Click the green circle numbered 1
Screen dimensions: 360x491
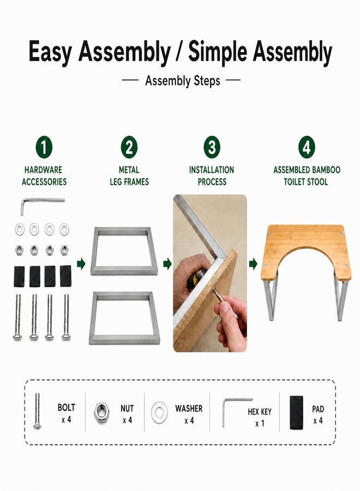point(44,147)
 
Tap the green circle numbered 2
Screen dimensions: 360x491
point(129,147)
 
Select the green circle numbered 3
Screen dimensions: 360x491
point(212,147)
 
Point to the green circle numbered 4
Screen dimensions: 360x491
point(307,147)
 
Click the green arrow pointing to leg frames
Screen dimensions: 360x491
point(81,264)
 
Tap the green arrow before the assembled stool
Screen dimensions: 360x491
point(253,264)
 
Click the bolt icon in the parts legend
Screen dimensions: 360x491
point(37,411)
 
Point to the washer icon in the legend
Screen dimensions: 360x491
point(159,412)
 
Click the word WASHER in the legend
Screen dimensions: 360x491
point(189,408)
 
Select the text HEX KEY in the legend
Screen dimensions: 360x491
point(260,411)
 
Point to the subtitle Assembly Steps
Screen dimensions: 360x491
point(183,81)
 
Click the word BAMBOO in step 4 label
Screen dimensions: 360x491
point(325,170)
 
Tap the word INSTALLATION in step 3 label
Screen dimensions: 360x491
point(211,170)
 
